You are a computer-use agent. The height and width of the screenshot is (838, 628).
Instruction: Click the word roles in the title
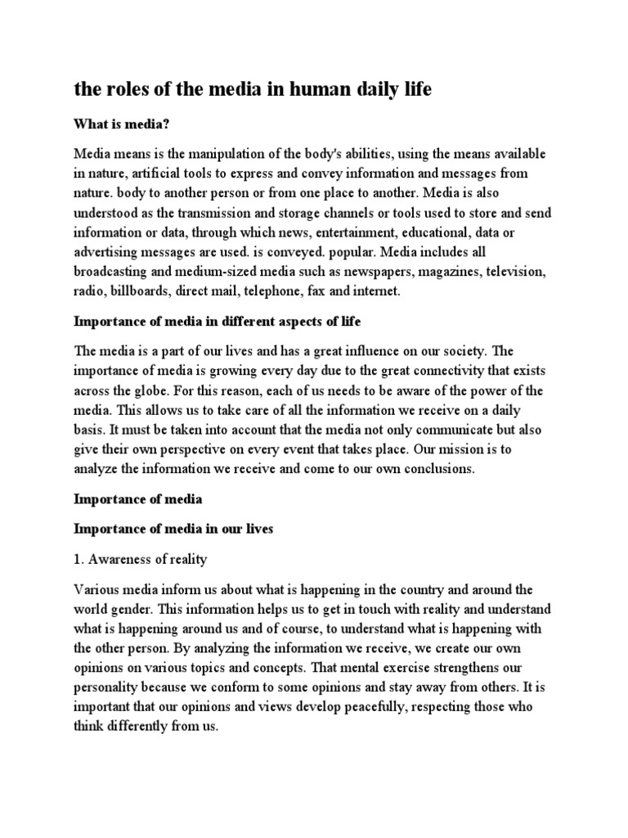click(x=124, y=89)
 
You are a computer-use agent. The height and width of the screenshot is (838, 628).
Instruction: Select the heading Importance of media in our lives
click(x=173, y=529)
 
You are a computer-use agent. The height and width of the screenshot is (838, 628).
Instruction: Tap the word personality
click(x=109, y=689)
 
